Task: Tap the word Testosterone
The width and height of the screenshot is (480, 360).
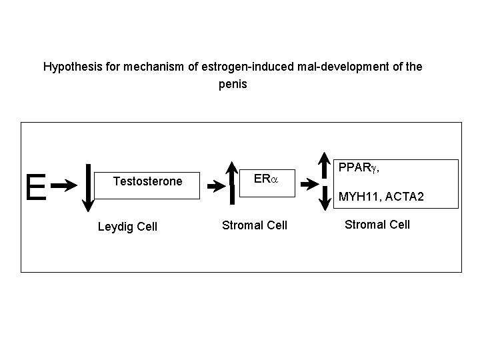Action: (147, 181)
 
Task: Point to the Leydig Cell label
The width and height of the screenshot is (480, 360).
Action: (127, 227)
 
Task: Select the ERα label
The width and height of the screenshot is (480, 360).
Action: (267, 179)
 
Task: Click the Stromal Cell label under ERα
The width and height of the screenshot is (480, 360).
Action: (255, 225)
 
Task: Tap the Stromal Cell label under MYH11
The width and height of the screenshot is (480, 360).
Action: (377, 224)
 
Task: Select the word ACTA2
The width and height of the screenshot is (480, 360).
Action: (403, 197)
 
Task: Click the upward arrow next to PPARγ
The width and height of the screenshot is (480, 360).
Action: (322, 166)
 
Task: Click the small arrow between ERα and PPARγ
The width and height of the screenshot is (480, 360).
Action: (307, 182)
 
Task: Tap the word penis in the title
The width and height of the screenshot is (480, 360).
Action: (233, 85)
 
